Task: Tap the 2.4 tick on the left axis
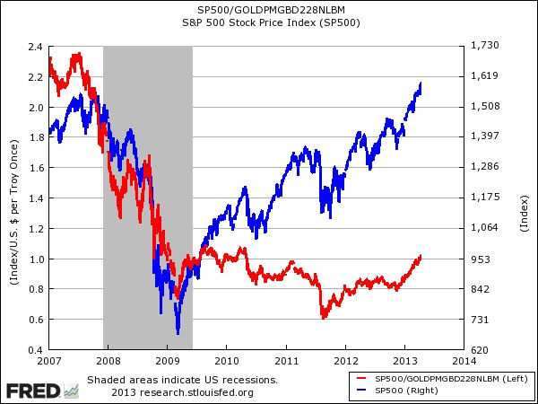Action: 36,46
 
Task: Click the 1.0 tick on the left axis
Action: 36,259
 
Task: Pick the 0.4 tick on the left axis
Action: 36,350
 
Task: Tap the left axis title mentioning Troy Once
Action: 13,198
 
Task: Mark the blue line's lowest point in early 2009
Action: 178,333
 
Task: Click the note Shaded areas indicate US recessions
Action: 182,380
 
